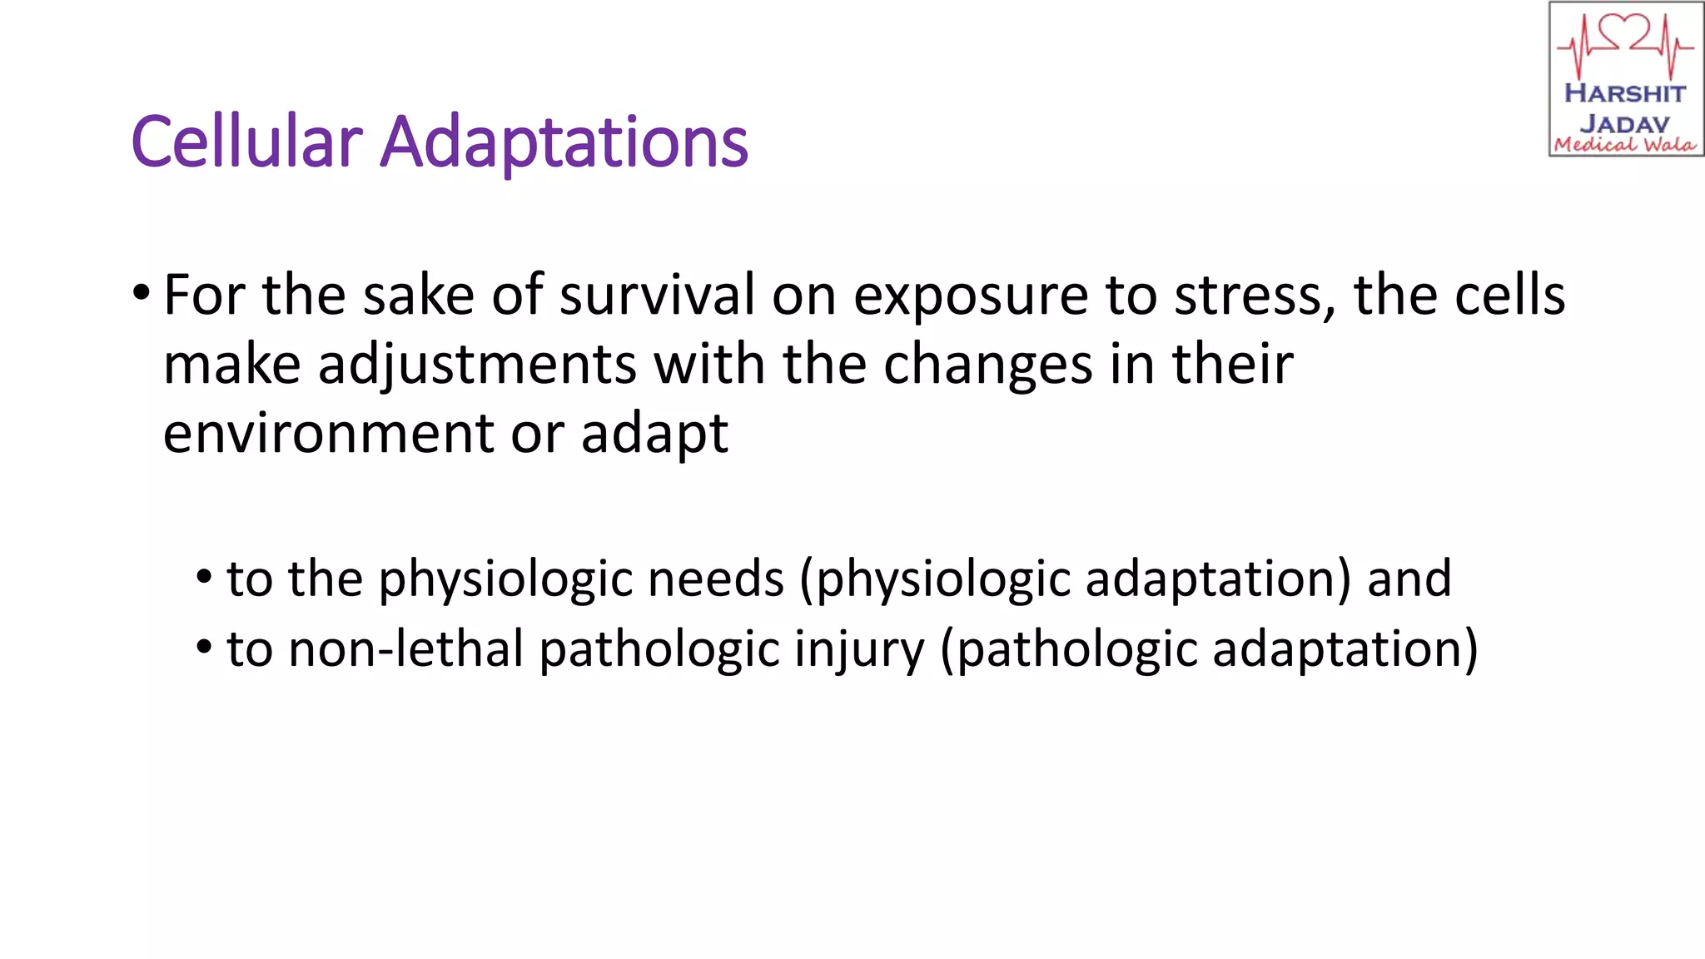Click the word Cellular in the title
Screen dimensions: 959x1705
point(246,142)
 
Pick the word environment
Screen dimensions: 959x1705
point(329,433)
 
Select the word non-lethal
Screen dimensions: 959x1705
point(405,648)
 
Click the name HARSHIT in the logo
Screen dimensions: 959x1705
point(1624,93)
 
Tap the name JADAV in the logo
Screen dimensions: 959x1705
point(1624,124)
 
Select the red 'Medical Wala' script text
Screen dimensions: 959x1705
point(1624,145)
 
